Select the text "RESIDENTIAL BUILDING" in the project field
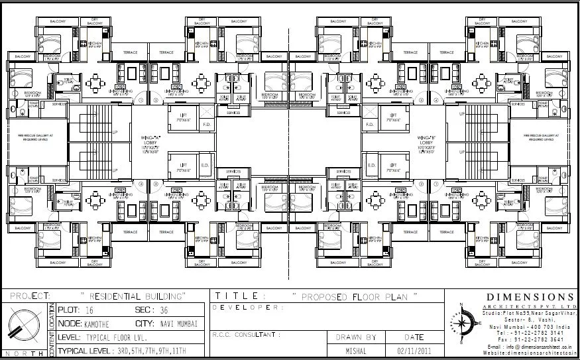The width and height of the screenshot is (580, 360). (x=133, y=295)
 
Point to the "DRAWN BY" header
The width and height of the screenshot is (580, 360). (x=356, y=337)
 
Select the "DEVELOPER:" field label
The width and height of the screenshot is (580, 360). (x=247, y=308)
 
